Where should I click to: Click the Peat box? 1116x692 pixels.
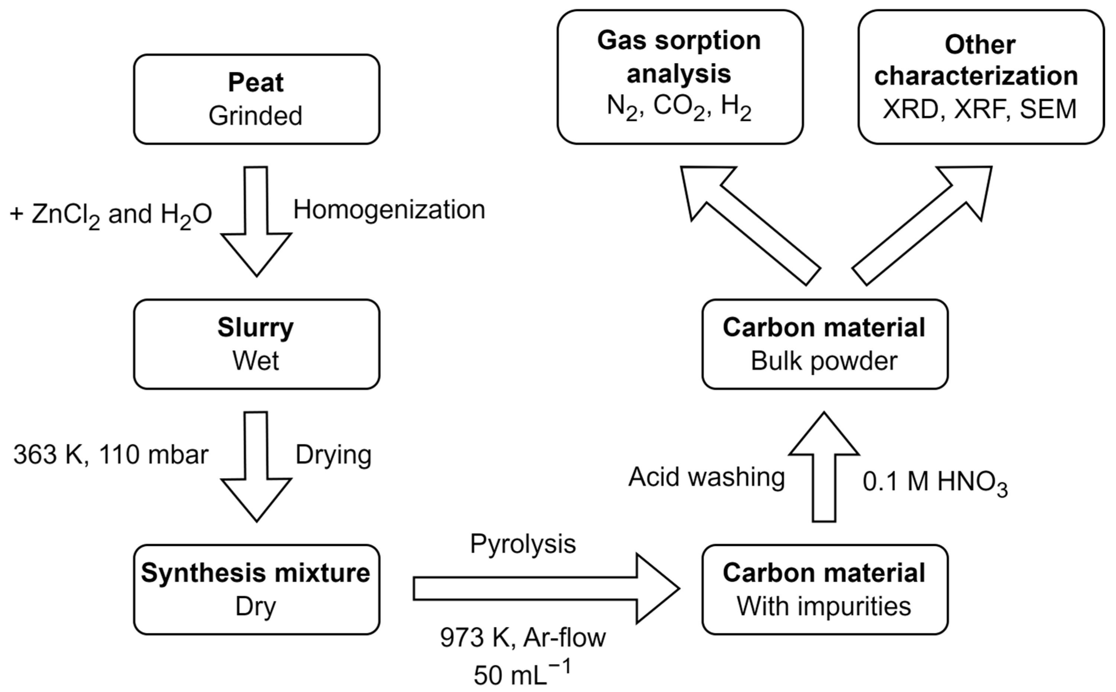(256, 99)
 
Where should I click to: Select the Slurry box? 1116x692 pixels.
(256, 344)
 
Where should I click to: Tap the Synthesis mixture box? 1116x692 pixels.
(256, 589)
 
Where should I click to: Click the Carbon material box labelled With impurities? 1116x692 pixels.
(824, 589)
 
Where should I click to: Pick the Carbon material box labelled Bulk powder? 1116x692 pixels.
(824, 344)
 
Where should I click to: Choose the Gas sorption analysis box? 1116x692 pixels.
(680, 77)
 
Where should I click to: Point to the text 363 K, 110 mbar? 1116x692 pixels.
(111, 455)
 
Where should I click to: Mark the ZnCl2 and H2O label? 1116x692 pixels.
(111, 215)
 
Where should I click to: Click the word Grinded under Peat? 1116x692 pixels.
(256, 116)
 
